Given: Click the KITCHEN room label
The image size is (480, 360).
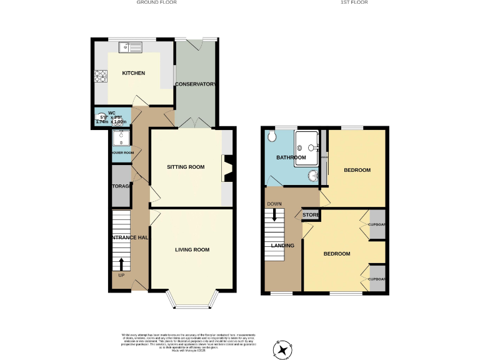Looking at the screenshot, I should point(133,73).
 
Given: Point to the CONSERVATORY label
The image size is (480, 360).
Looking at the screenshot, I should point(196,84).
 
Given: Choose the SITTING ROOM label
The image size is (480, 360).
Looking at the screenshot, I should point(186,167).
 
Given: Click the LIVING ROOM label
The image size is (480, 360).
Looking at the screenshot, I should point(192,249).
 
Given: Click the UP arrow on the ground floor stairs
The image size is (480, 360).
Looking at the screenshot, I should point(121,264).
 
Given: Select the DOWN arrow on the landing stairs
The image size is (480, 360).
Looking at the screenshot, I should point(274,216).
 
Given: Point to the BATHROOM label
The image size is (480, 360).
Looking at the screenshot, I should point(291,157).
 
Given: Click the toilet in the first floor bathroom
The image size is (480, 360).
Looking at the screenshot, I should point(271,136).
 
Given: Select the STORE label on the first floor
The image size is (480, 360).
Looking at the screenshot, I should point(311,215).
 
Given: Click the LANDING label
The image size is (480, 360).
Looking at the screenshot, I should point(282,246).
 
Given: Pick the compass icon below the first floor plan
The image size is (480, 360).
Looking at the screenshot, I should point(282,349).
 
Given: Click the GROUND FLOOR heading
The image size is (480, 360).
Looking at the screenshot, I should point(157,2).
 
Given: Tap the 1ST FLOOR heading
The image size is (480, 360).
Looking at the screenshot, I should point(354,2).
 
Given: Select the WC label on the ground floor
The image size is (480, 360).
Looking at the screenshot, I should point(112,113).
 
